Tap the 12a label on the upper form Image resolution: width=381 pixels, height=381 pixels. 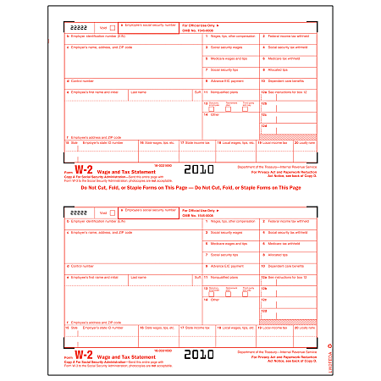tap(266, 91)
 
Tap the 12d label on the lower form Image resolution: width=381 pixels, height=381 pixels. tap(266, 311)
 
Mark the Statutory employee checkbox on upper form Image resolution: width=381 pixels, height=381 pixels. tap(209, 106)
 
